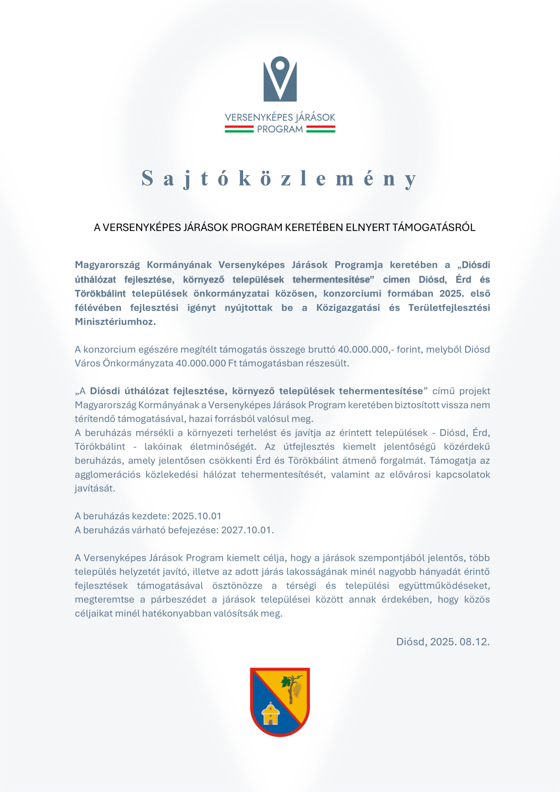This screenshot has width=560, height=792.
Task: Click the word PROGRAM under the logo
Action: (280, 129)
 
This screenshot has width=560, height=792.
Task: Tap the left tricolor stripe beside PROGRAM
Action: (239, 129)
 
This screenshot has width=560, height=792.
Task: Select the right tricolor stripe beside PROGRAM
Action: (321, 129)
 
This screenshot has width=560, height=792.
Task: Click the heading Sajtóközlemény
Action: (280, 179)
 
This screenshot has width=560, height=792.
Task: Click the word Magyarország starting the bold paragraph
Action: (107, 265)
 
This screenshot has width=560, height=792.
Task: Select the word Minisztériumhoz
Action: (115, 321)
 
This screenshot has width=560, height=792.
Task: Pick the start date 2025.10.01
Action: (197, 516)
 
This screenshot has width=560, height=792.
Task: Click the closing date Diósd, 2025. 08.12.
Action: (443, 642)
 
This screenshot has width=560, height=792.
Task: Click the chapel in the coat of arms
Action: (270, 714)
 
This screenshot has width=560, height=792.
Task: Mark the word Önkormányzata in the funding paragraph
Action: (138, 363)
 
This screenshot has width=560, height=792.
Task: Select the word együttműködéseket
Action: (444, 586)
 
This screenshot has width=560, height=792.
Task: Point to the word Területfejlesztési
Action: (449, 308)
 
